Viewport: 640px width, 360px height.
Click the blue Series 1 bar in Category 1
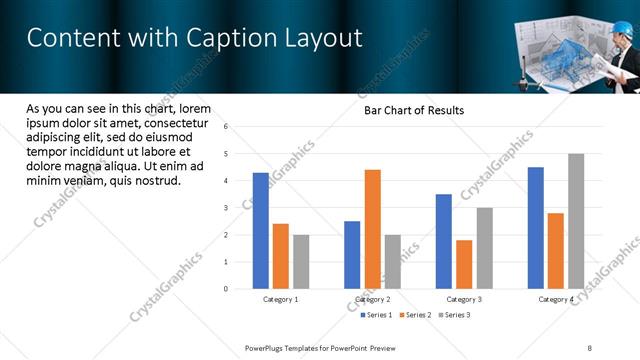pos(261,231)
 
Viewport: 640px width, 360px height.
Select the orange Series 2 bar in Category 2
pos(372,229)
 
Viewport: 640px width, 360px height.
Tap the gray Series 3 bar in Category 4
pos(576,221)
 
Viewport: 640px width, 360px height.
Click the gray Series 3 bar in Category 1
pos(301,262)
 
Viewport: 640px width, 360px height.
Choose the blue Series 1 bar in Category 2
pos(352,255)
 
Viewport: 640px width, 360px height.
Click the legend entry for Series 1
pos(377,315)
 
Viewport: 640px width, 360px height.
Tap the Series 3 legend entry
pos(456,315)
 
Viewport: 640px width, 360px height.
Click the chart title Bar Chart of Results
pos(413,110)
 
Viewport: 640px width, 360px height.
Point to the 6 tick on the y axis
pos(227,127)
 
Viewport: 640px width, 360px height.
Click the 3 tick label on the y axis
pos(227,208)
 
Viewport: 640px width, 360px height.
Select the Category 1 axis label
pos(281,299)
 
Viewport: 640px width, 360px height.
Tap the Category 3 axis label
pos(464,299)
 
